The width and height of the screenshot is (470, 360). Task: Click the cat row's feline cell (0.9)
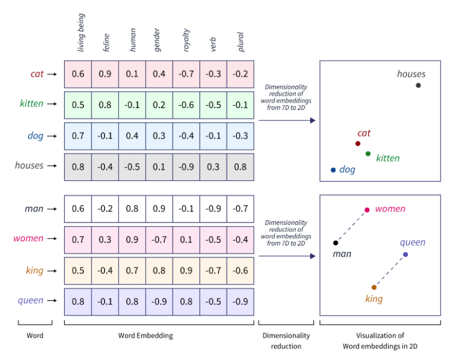[x=105, y=74]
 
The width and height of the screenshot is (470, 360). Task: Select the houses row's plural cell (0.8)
[x=241, y=167]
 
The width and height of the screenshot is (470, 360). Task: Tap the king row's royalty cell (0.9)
[x=186, y=270]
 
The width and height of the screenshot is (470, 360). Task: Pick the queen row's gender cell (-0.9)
[x=159, y=302]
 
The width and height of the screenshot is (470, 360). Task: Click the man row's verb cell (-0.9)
[x=213, y=209]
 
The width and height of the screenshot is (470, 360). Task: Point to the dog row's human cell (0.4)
[x=132, y=136]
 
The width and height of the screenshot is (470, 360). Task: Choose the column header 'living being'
[x=81, y=32]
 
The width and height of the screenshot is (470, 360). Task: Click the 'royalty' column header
[x=186, y=40]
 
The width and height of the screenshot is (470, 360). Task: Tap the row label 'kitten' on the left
[x=32, y=104]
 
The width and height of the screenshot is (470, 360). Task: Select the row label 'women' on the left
[x=28, y=239]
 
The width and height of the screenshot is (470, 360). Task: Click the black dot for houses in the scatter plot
[x=418, y=85]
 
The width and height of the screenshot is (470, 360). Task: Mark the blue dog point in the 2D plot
[x=333, y=170]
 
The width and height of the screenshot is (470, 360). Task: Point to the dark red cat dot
[x=357, y=144]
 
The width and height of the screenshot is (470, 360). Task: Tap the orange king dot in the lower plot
[x=374, y=287]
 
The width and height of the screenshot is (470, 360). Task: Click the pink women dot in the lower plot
[x=367, y=210]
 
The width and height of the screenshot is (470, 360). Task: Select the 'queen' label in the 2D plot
[x=412, y=242]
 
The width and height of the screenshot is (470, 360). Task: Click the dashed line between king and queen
[x=390, y=271]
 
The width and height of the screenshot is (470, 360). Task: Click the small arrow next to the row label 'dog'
[x=52, y=136]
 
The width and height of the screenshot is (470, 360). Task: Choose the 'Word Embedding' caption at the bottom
[x=145, y=335]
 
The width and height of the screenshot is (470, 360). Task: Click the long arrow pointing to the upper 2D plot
[x=287, y=121]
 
